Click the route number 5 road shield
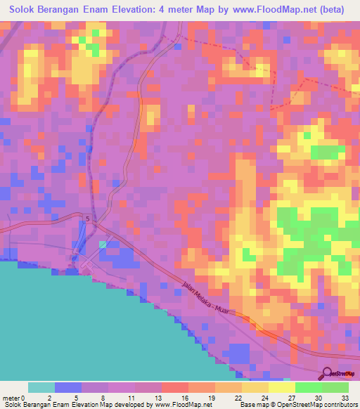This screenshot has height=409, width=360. pos(89,220)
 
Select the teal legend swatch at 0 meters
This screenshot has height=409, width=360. pos(41,387)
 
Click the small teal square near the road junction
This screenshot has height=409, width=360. pos(104,244)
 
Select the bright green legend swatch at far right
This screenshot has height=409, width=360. pos(335,387)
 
